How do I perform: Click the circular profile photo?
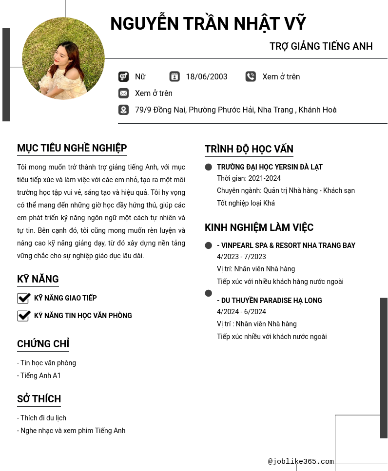coord(63,58)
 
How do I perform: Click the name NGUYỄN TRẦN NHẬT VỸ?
coord(208,24)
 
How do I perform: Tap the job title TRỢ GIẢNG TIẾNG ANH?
coord(321,46)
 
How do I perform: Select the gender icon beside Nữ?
coord(123,76)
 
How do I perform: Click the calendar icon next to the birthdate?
coord(175,76)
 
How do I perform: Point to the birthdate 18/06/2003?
coord(207,76)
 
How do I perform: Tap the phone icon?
coord(251,76)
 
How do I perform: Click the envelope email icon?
coord(123,93)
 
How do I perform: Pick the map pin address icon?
coord(123,110)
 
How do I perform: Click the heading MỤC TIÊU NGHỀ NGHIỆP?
coord(72,148)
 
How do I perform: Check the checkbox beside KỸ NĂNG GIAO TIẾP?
coord(23,298)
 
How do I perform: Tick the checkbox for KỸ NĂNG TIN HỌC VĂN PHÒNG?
coord(23,316)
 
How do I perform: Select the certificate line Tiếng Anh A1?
coord(40,376)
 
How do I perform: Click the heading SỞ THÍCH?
coord(39,399)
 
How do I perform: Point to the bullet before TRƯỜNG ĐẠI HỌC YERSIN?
coord(209,167)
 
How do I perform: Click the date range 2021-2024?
coord(264,178)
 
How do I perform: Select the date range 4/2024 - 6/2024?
coord(241,312)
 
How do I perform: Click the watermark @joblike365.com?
coord(301,461)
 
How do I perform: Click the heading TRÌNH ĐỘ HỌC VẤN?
coord(249,149)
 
